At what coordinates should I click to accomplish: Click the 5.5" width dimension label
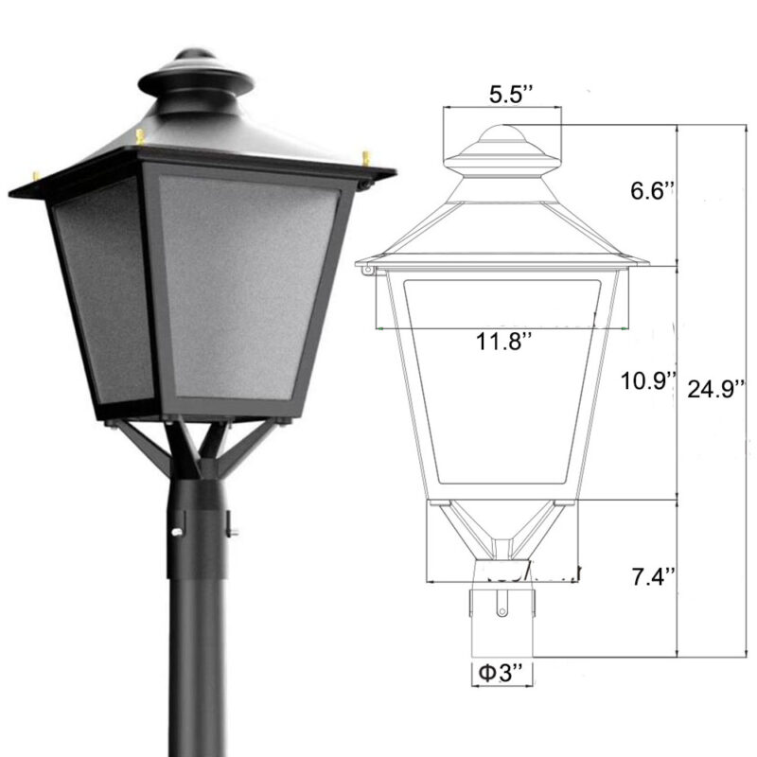[511, 95]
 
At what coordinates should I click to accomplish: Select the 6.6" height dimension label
[654, 189]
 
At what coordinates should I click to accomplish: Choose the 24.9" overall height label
[718, 387]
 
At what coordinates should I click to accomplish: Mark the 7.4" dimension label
[653, 574]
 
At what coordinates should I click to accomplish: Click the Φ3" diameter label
[501, 674]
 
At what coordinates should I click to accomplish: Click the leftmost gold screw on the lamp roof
[37, 175]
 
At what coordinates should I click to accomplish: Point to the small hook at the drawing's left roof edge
[366, 272]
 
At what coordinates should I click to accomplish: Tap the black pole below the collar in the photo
[196, 662]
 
